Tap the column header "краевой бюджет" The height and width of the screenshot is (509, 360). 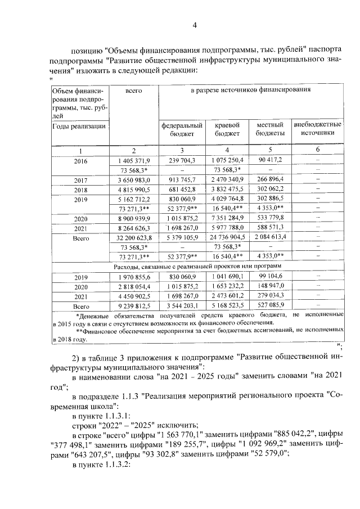click(x=228, y=129)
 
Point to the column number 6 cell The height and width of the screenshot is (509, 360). click(x=317, y=150)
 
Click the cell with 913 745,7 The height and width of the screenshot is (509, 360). click(x=182, y=179)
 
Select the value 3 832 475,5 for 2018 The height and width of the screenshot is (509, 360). click(x=228, y=189)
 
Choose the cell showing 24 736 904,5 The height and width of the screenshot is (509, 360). click(x=228, y=237)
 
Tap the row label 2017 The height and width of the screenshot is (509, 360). click(x=80, y=179)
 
